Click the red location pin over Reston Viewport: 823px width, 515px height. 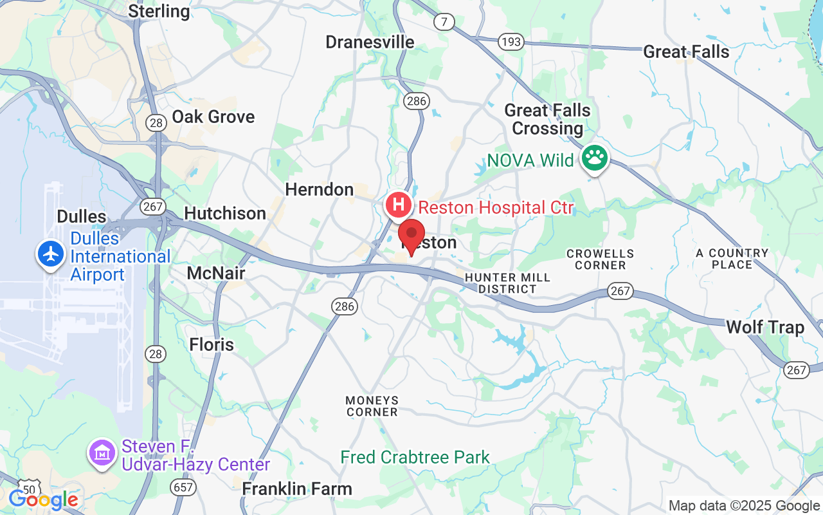point(411,235)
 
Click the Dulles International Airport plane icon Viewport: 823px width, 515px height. point(51,253)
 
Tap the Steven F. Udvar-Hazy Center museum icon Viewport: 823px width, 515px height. point(102,453)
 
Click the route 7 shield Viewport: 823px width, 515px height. point(444,22)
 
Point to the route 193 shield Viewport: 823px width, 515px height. point(511,42)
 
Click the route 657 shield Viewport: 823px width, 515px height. point(184,487)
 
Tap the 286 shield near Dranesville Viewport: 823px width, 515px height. point(416,100)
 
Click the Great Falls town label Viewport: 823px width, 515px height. point(686,52)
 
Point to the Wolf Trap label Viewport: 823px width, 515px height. point(765,328)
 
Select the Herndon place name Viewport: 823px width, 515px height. point(320,190)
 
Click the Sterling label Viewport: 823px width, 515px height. point(159,11)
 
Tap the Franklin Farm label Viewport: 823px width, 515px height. point(297,489)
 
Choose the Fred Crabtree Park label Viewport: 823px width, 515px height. point(415,458)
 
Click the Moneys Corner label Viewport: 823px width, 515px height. point(372,406)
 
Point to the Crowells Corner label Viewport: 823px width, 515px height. point(601,259)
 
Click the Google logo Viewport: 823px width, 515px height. point(44,500)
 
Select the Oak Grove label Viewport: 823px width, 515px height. point(213,117)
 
